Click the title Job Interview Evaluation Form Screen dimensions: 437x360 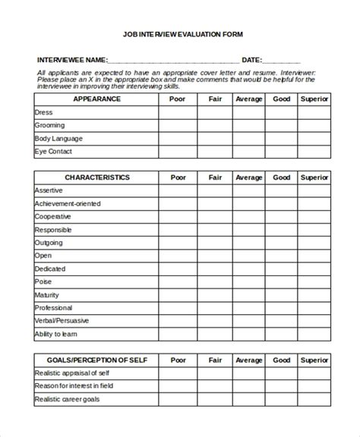(179, 34)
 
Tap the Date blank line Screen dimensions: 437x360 (282, 61)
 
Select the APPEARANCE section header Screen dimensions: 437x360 (96, 99)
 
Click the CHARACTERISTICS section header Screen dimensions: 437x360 (96, 178)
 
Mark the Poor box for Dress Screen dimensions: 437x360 (178, 112)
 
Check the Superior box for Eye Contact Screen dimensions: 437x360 (314, 152)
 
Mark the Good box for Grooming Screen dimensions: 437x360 (282, 125)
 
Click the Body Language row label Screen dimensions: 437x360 (58, 139)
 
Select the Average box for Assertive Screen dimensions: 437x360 (248, 190)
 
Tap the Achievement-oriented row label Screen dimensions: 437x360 (68, 203)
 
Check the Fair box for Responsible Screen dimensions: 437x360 (216, 230)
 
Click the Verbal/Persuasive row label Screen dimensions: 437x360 (63, 321)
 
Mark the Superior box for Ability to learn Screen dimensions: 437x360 (314, 334)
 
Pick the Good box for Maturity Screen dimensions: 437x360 (282, 295)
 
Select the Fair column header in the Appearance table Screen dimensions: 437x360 (216, 99)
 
